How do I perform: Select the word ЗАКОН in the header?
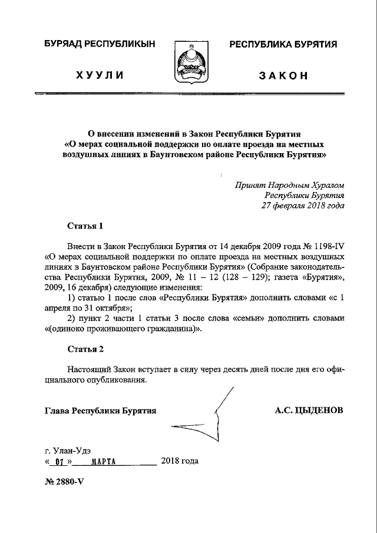coord(283,76)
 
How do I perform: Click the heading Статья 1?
coord(85,226)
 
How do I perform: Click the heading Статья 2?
coord(85,349)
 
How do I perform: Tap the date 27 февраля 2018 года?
coord(303,206)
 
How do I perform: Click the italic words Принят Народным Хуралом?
coord(289,184)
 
